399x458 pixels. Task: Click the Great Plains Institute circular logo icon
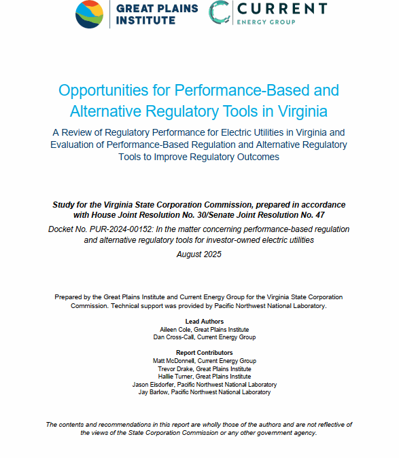(89, 14)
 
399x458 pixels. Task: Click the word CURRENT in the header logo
(279, 9)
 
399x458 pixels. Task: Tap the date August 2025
(199, 254)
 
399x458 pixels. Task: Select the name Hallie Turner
(173, 377)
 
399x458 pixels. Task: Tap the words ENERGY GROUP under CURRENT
(270, 22)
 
